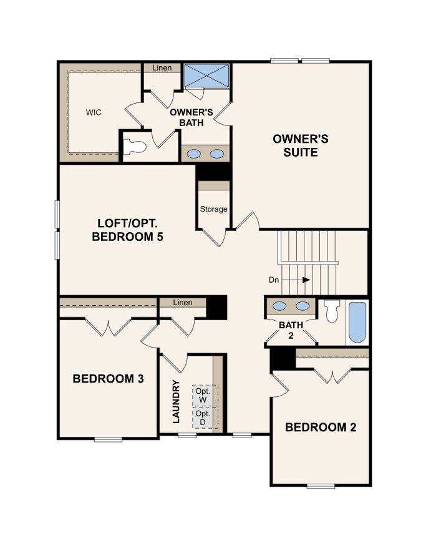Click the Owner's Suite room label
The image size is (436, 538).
[x=301, y=145]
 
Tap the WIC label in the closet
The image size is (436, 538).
[x=94, y=112]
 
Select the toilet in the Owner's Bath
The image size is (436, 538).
[x=135, y=147]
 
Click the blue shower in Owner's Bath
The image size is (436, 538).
[x=206, y=76]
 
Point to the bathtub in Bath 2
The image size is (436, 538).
[x=357, y=322]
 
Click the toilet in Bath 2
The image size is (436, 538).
[x=332, y=311]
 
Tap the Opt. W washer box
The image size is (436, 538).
[x=203, y=396]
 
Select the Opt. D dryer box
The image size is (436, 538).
[x=203, y=418]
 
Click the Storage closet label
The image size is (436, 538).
[x=214, y=209]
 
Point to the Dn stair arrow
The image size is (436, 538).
[x=296, y=280]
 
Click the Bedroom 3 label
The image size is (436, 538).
[x=108, y=379]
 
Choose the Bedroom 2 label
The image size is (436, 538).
[x=321, y=427]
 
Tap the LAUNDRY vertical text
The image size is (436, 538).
[x=176, y=401]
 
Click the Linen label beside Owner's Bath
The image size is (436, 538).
[x=162, y=68]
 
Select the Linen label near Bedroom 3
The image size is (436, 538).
[x=183, y=303]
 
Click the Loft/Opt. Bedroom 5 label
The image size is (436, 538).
[x=127, y=230]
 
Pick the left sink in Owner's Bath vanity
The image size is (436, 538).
[x=194, y=154]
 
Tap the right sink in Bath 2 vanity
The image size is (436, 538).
[x=303, y=306]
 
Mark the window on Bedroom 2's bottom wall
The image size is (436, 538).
[x=321, y=486]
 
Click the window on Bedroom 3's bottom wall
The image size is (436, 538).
[x=108, y=439]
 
